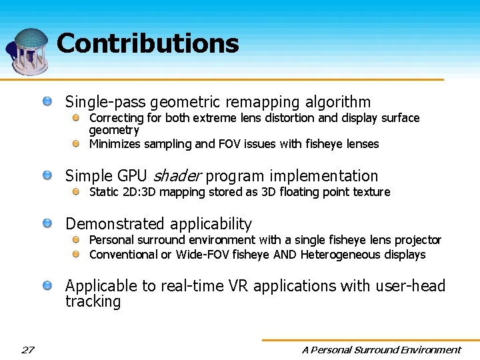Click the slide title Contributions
tap(147, 44)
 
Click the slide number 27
tap(27, 349)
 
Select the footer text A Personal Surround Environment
tap(381, 349)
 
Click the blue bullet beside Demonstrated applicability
tap(48, 223)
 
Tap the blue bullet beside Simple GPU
tap(48, 175)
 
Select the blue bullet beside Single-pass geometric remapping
tap(48, 101)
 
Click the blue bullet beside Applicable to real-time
tap(48, 286)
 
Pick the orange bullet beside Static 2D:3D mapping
tap(77, 192)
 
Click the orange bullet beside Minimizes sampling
tap(77, 143)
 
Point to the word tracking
tap(93, 301)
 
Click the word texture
tap(370, 192)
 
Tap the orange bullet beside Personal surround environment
tap(77, 239)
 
